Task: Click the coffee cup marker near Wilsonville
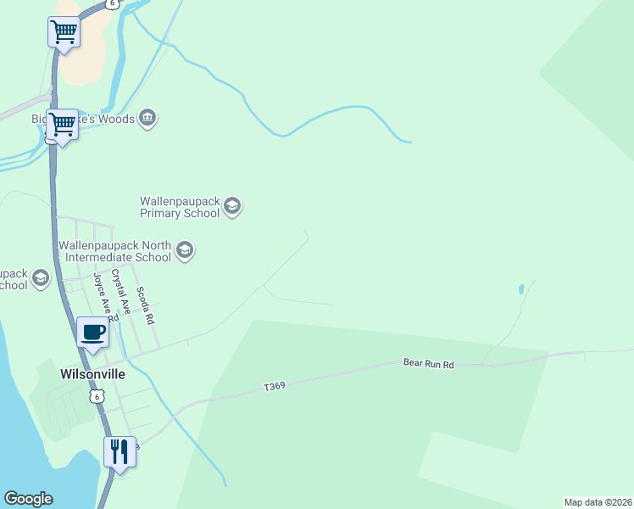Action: pos(93,332)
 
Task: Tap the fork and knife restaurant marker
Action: pos(120,450)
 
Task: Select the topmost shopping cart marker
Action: pos(64,33)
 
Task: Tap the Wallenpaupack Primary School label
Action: pos(180,207)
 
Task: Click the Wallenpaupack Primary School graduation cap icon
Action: pos(233,206)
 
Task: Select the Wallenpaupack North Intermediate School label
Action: pos(114,251)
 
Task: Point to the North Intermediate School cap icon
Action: pos(186,250)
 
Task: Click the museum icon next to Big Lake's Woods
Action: pos(148,118)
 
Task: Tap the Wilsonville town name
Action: pos(92,372)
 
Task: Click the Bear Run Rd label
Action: pos(429,364)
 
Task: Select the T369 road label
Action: pos(274,387)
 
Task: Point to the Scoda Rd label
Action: pos(146,305)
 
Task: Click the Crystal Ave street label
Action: pos(120,292)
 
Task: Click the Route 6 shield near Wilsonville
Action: pos(99,396)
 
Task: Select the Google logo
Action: pos(28,499)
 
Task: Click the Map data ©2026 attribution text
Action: pos(598,501)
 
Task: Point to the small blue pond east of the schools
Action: pos(520,289)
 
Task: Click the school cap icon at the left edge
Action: pos(40,278)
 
